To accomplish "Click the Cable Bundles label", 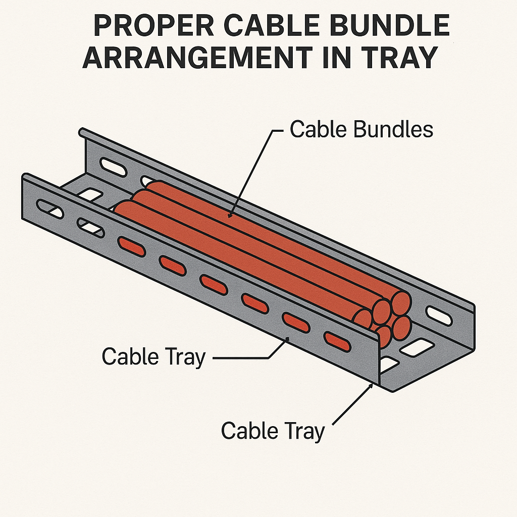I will (x=361, y=130).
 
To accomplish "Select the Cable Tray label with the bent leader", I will (x=153, y=357).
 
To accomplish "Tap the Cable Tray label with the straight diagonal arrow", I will (x=272, y=431).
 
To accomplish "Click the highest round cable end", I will (x=401, y=302).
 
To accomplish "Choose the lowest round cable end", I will (x=384, y=336).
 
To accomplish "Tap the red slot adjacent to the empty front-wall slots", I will (x=131, y=246).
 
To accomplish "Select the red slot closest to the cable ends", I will (x=337, y=341).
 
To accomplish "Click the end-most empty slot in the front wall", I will (x=50, y=209).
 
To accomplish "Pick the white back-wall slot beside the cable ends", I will (x=439, y=316).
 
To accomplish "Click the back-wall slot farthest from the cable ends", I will (x=113, y=167).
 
